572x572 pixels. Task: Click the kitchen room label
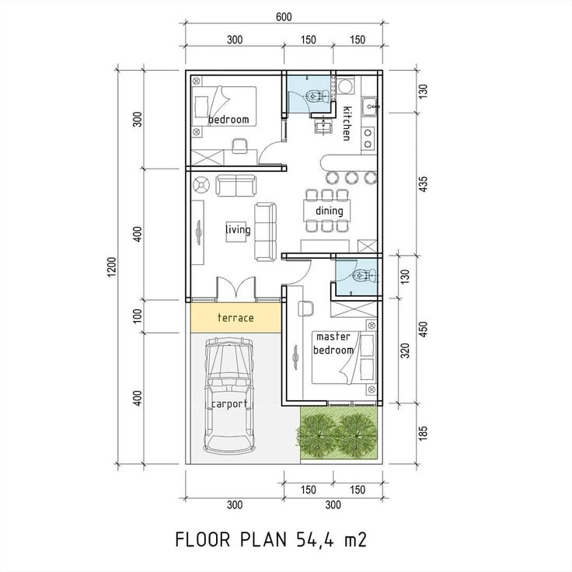coord(347,122)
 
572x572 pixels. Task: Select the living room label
coord(238,229)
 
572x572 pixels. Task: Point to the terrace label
coord(235,318)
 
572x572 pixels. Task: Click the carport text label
coord(228,404)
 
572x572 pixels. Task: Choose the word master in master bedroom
coord(333,337)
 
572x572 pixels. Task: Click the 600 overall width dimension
coord(283,19)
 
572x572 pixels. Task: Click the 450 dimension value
coord(424,330)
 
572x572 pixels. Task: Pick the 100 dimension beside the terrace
coord(138,316)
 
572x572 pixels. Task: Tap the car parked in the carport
coord(228,396)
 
